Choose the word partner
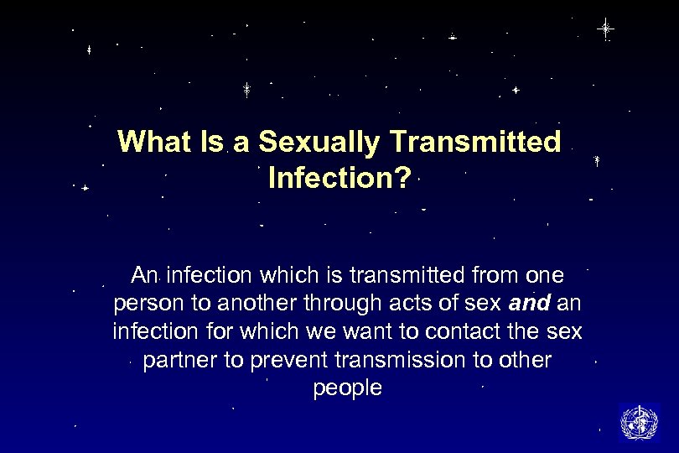click(x=177, y=360)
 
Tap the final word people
click(x=347, y=388)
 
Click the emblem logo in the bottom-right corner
click(x=639, y=422)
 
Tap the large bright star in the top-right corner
click(x=605, y=29)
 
